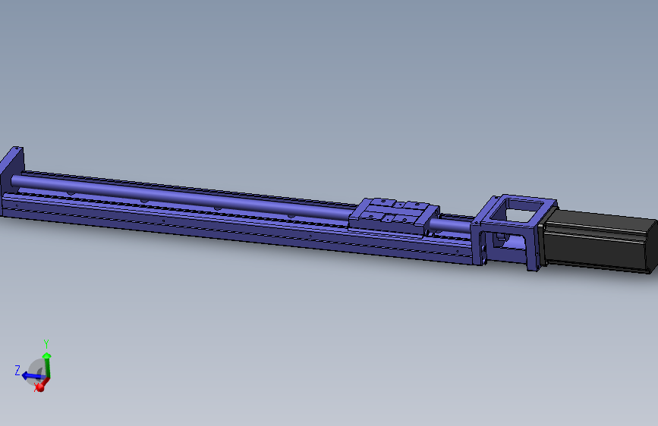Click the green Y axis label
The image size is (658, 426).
point(46,344)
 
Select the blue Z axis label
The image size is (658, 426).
point(17,371)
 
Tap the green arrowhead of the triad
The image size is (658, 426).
point(46,356)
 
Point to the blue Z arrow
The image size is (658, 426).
point(32,376)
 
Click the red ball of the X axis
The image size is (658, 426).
point(39,387)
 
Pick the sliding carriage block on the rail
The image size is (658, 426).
point(394,215)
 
